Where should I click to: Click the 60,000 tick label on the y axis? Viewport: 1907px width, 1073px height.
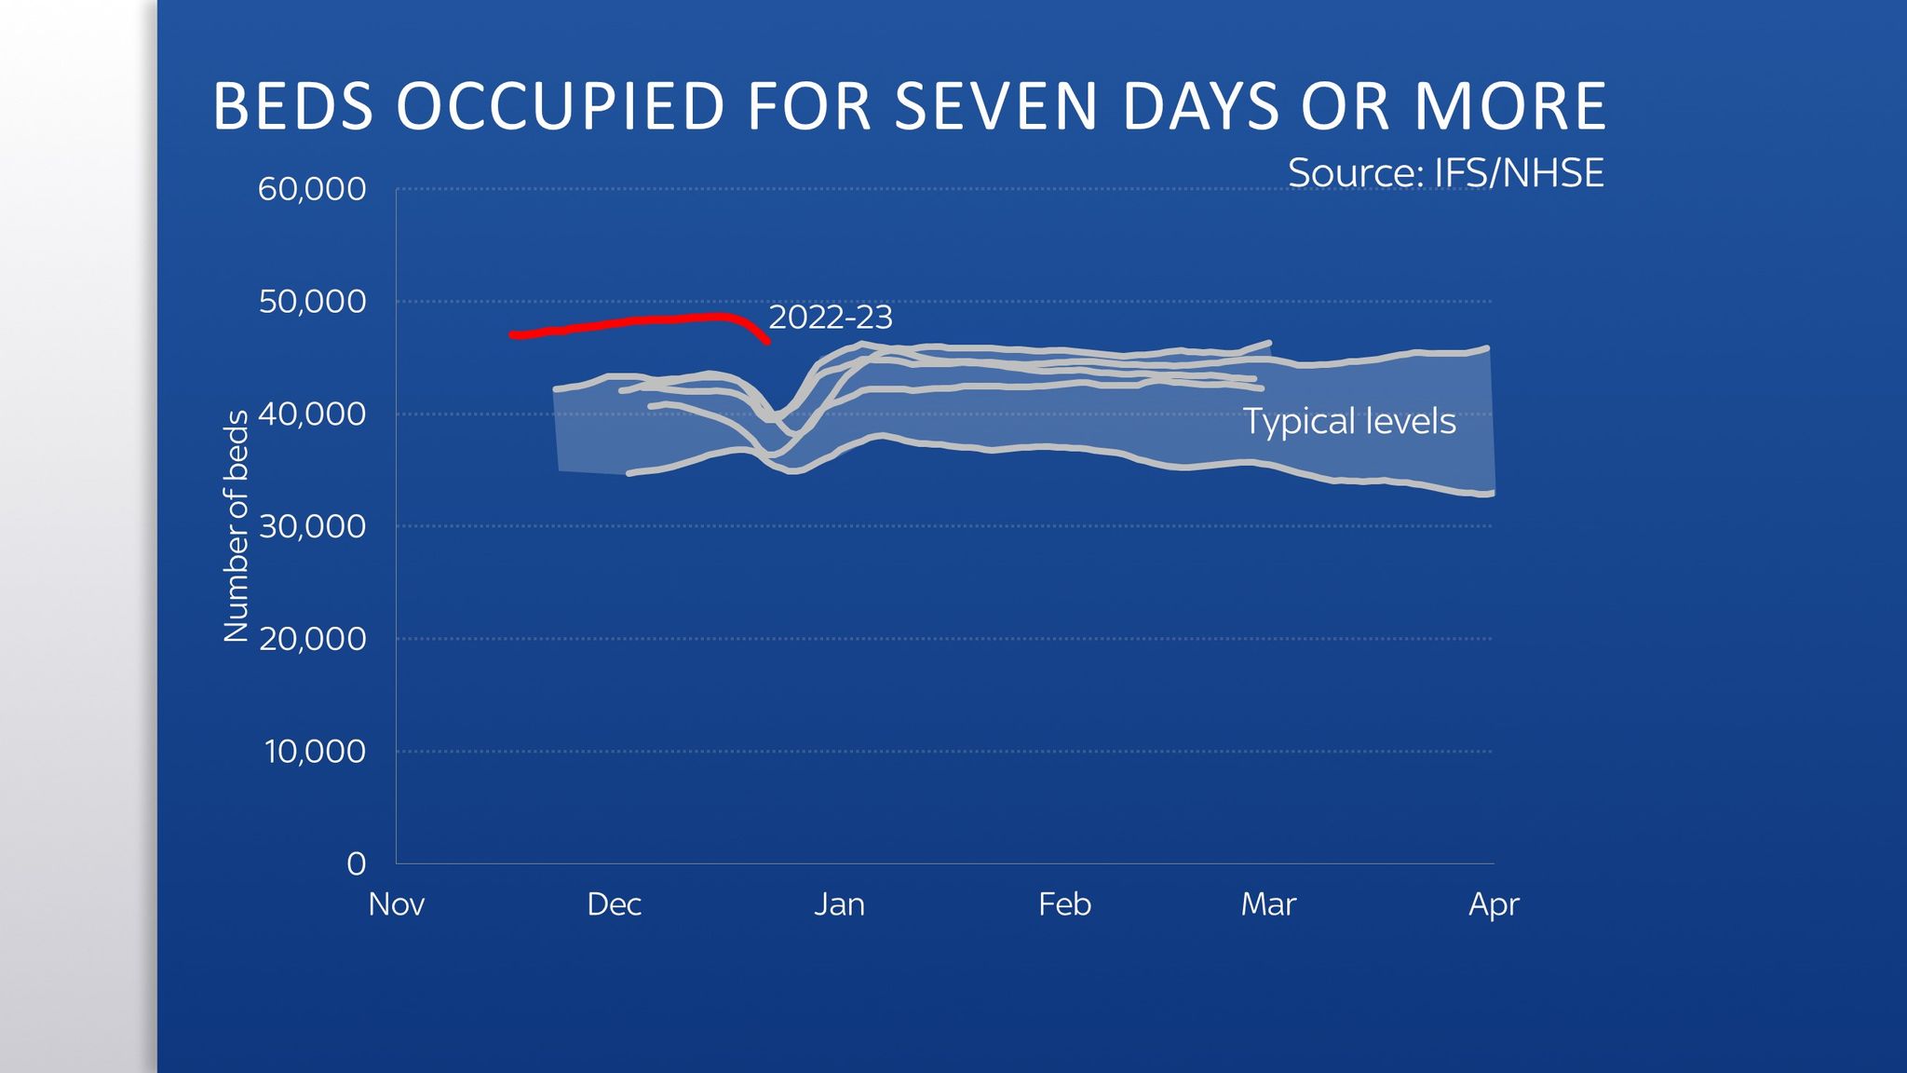click(312, 189)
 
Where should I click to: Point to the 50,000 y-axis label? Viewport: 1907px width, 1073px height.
click(312, 302)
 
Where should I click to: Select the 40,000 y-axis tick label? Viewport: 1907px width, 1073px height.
click(312, 414)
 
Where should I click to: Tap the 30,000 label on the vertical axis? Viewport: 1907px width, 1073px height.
click(312, 526)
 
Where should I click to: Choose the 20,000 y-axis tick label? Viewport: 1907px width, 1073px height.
click(312, 639)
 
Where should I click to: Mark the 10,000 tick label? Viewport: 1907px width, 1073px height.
click(315, 752)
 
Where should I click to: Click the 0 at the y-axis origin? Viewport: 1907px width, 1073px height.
click(356, 864)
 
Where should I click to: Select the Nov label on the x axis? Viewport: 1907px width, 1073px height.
click(397, 904)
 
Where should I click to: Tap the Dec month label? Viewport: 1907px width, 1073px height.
click(615, 904)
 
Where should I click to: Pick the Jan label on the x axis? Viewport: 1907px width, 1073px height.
click(839, 904)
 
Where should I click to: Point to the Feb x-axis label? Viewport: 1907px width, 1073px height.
click(1064, 904)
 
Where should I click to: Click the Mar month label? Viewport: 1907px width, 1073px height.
click(1268, 904)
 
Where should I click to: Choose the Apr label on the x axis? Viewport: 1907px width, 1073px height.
click(1494, 904)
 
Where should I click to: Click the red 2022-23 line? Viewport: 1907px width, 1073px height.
click(633, 322)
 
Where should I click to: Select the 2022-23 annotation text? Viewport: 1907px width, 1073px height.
click(831, 318)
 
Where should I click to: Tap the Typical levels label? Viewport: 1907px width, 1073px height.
click(1349, 422)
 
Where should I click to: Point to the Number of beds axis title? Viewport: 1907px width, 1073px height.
click(237, 526)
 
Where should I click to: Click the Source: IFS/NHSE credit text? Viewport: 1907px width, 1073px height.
click(1446, 173)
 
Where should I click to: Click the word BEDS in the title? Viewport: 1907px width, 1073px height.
click(292, 106)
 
